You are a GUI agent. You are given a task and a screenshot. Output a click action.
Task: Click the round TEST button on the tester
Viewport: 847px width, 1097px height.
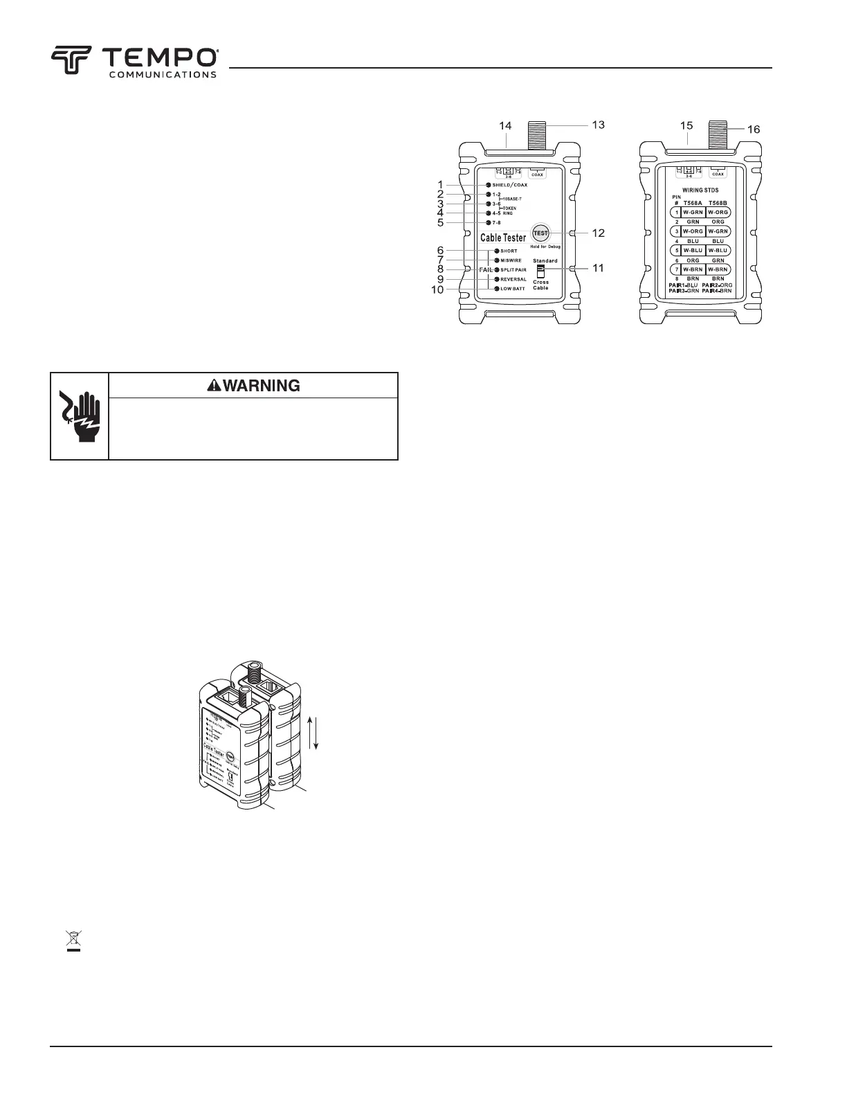pos(540,233)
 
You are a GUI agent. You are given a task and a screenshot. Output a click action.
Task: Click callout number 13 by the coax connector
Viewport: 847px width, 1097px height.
pos(598,125)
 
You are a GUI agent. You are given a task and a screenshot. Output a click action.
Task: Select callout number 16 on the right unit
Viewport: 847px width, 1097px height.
pos(752,129)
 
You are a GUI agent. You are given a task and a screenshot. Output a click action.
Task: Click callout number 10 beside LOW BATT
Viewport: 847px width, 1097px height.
pos(437,289)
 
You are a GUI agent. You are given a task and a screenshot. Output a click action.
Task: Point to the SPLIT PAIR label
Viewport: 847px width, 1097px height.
pos(513,269)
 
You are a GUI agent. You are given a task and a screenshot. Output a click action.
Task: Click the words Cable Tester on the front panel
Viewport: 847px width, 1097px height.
pos(503,238)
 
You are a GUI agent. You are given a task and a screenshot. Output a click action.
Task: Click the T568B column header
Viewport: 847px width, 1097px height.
pos(718,203)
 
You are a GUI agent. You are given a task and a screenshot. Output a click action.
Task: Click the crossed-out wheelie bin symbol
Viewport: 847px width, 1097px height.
pos(73,941)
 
